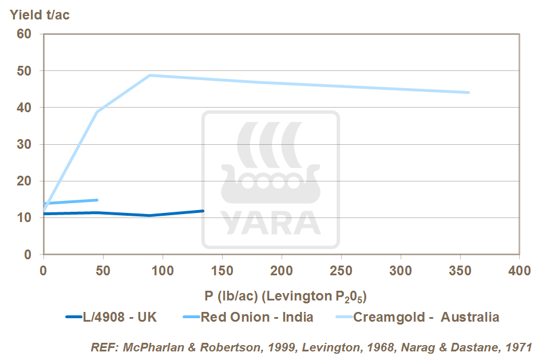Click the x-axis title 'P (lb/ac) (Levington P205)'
(285, 296)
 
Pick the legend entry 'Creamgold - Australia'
(426, 317)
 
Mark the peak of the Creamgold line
(150, 75)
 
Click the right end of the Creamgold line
(469, 92)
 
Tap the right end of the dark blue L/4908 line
(203, 211)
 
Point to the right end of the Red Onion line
(97, 200)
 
